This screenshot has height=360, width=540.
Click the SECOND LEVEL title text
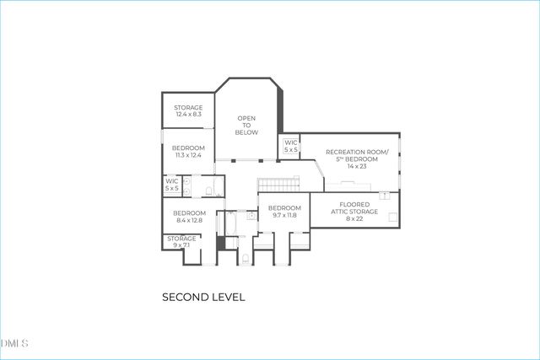[202, 297]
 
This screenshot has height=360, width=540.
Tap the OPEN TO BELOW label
[246, 125]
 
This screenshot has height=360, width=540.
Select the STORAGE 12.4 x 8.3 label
[187, 110]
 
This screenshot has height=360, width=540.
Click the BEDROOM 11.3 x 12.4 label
[188, 152]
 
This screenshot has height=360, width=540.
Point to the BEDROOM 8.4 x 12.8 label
[189, 217]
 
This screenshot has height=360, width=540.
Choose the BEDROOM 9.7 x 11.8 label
[284, 212]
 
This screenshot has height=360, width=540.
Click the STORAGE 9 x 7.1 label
[181, 242]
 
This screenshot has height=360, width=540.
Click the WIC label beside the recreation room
[290, 146]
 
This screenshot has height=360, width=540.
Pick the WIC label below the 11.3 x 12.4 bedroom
[171, 185]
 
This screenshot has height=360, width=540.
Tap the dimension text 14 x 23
[357, 166]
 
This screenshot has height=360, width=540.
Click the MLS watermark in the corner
[15, 344]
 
